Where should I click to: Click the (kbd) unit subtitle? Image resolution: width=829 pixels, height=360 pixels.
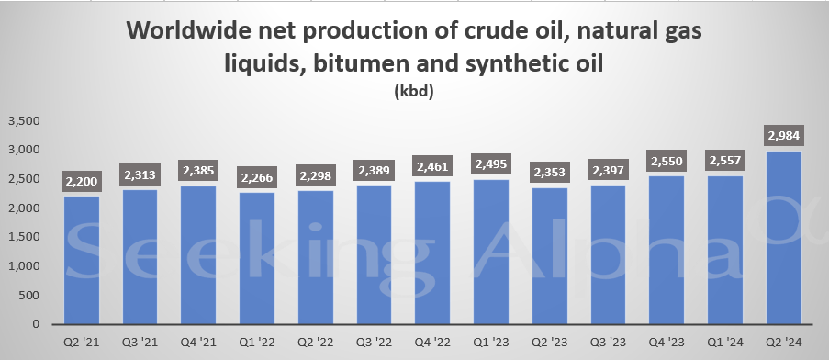pyautogui.click(x=413, y=92)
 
